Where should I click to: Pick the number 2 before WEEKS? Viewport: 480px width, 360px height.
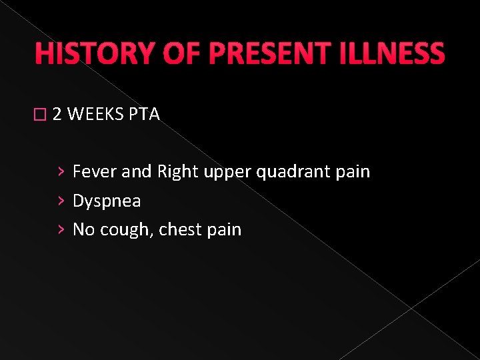57,115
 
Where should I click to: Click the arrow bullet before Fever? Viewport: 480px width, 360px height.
61,172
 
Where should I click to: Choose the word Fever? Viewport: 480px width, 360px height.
94,172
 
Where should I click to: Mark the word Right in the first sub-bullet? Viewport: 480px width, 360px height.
177,172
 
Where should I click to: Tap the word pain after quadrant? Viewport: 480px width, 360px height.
353,172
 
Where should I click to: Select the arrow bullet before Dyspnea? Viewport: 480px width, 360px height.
61,201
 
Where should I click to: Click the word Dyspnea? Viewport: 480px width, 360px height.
107,201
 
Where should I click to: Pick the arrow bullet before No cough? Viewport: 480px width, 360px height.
61,230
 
